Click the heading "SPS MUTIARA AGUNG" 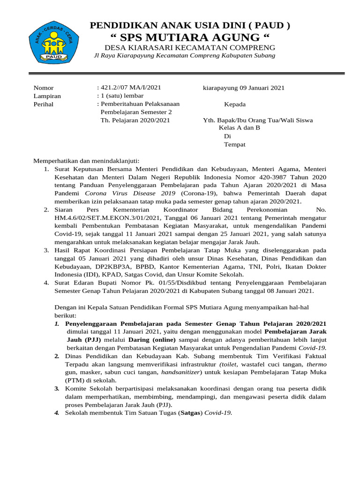pos(189,37)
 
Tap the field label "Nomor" pos(44,88)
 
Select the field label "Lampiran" pos(47,96)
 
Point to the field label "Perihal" pos(44,104)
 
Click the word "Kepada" pos(235,104)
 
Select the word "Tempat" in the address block pos(234,144)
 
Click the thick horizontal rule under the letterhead pos(187,73)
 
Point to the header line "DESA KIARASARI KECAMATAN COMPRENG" pos(189,48)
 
